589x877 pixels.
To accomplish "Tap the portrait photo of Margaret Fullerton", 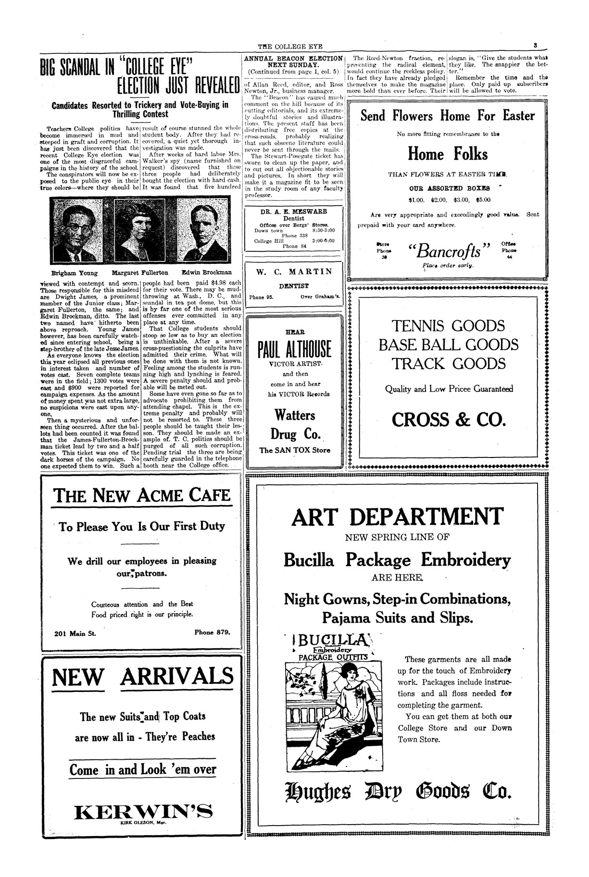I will coord(142,230).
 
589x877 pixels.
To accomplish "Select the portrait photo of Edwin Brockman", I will coord(202,230).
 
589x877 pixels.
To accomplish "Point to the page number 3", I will coord(535,46).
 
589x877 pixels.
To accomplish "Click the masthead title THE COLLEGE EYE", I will coord(290,47).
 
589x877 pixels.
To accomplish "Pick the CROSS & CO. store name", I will coord(449,420).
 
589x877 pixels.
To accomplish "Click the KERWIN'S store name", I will coord(143,812).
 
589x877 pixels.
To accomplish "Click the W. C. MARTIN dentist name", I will coord(294,272).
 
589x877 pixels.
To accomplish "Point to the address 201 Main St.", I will coord(75,633).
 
